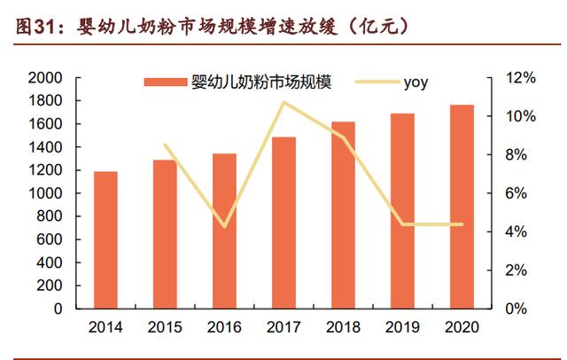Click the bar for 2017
pyautogui.click(x=284, y=223)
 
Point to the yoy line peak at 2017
pyautogui.click(x=283, y=102)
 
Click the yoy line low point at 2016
pyautogui.click(x=225, y=226)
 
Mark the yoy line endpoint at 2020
pyautogui.click(x=462, y=224)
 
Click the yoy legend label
pyautogui.click(x=416, y=84)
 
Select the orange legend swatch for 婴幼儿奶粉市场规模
pyautogui.click(x=166, y=84)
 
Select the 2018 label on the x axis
pyautogui.click(x=344, y=326)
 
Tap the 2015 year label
pyautogui.click(x=166, y=326)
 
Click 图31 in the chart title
pyautogui.click(x=33, y=26)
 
